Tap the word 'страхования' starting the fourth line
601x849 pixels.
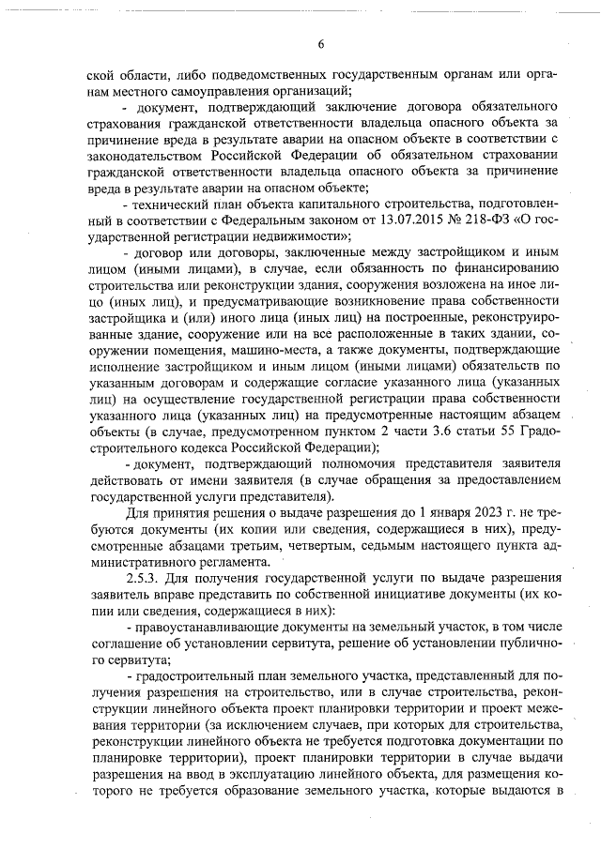(122, 122)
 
